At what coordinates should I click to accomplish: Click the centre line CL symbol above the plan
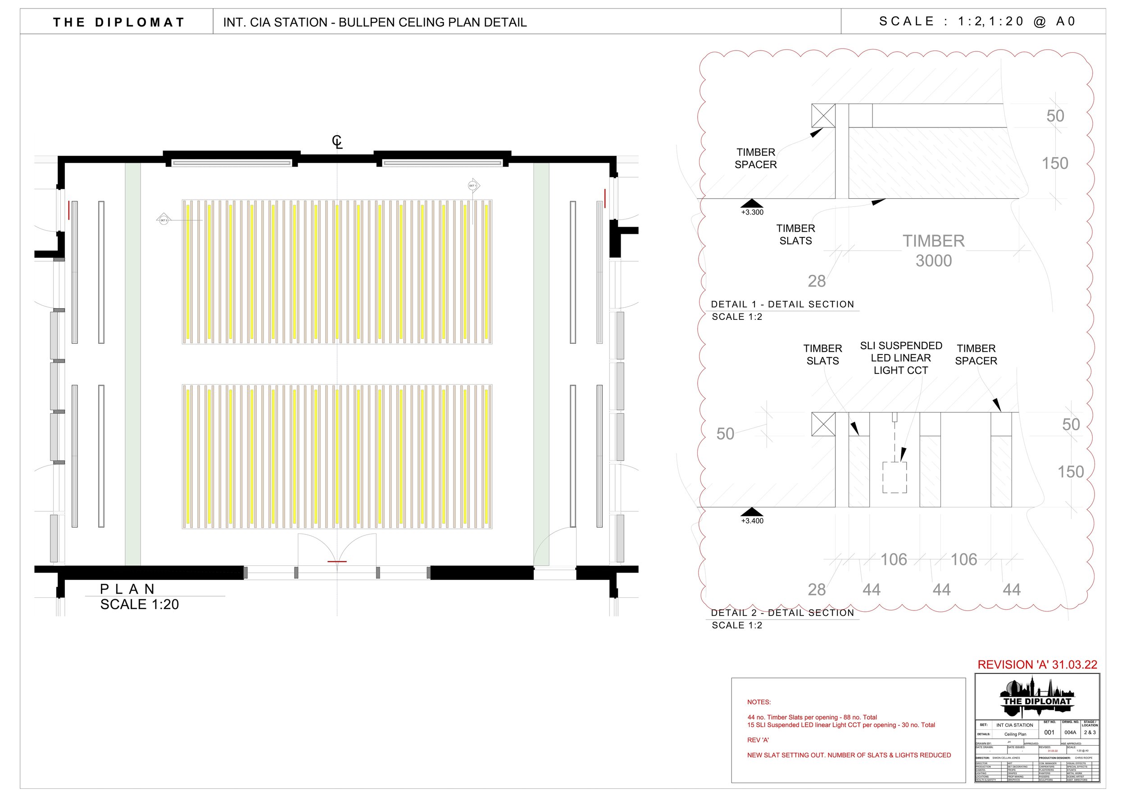[x=337, y=142]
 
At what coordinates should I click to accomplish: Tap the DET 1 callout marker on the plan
[x=472, y=186]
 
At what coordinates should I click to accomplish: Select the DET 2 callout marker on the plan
[x=163, y=220]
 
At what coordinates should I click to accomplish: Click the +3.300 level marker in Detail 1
[x=752, y=207]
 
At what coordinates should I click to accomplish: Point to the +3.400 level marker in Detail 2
[x=752, y=515]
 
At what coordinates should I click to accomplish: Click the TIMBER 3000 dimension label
[x=933, y=251]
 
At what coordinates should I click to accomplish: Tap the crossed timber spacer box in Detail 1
[x=823, y=116]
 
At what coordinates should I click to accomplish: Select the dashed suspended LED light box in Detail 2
[x=894, y=477]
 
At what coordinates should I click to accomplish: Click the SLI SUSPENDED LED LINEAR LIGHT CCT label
[x=901, y=358]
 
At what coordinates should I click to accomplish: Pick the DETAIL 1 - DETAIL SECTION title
[x=782, y=304]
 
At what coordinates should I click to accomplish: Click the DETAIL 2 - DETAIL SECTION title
[x=782, y=612]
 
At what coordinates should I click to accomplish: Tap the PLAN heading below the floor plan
[x=127, y=589]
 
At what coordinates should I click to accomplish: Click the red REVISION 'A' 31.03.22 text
[x=1037, y=665]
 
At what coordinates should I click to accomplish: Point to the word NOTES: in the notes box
[x=759, y=702]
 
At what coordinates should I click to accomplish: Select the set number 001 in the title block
[x=1049, y=732]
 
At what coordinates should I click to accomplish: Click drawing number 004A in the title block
[x=1070, y=732]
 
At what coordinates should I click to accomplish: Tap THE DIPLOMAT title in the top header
[x=119, y=22]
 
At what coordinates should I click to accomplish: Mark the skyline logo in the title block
[x=1037, y=697]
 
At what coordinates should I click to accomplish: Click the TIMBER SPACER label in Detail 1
[x=756, y=159]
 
